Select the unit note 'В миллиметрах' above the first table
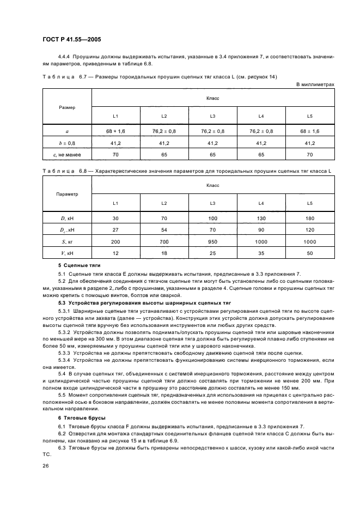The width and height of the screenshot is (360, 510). [315, 84]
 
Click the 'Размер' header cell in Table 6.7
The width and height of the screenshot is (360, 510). [67, 107]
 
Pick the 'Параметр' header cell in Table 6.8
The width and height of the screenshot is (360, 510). [67, 193]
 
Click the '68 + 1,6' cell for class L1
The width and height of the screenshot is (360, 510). [115, 131]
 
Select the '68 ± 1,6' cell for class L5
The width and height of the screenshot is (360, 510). [310, 131]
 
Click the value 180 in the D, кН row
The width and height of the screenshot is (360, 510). [310, 218]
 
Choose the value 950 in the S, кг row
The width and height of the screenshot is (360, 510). [212, 241]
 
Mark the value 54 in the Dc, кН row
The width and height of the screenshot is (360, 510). [164, 229]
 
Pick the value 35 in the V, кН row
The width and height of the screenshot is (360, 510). [261, 253]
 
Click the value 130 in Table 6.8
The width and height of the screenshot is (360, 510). [261, 218]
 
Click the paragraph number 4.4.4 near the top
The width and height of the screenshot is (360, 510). [65, 56]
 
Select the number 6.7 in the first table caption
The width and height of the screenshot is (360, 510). [84, 77]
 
